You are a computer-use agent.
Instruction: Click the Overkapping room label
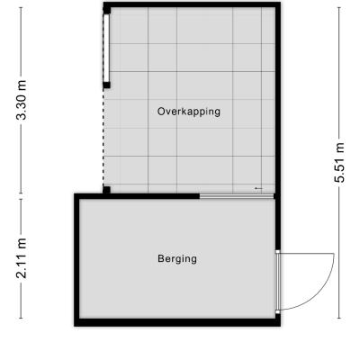(x=189, y=112)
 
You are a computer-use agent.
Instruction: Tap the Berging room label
(x=177, y=259)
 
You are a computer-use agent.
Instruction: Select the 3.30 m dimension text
(x=22, y=100)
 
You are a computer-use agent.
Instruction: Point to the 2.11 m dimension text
(x=22, y=258)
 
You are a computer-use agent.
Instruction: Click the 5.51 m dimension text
(x=339, y=162)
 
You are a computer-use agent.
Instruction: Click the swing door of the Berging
(x=278, y=282)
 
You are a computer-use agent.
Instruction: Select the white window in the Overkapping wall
(x=106, y=48)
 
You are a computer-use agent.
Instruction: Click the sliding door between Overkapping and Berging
(x=237, y=196)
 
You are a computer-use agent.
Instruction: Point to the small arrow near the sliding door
(x=258, y=188)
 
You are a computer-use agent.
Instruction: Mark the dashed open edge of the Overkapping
(x=103, y=138)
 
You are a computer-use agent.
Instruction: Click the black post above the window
(x=107, y=10)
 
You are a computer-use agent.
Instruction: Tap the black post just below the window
(x=106, y=85)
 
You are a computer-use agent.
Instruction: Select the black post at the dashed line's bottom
(x=106, y=190)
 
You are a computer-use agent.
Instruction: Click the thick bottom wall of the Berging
(x=177, y=322)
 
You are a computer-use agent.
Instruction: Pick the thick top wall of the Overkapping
(x=192, y=4)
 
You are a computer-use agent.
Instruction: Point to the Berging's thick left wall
(x=76, y=260)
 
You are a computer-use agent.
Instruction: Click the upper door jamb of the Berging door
(x=278, y=252)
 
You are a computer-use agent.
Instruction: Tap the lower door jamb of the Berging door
(x=278, y=312)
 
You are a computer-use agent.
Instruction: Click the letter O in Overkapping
(x=161, y=112)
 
